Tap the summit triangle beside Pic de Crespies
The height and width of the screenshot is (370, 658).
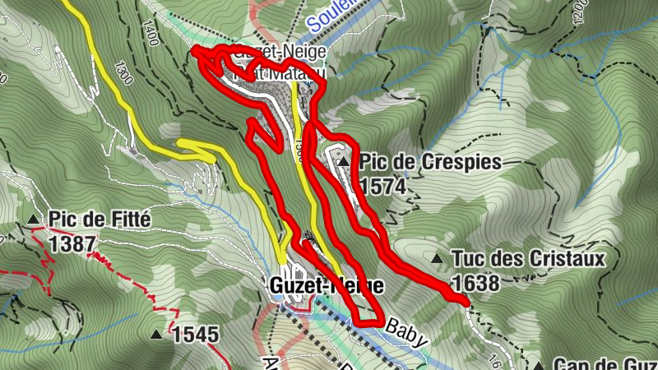[342, 163]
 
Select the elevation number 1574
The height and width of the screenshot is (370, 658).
[382, 187]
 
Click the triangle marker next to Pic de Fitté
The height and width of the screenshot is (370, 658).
[33, 220]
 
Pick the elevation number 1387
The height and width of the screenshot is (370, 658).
[72, 243]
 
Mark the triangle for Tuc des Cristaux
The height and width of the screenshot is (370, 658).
[437, 260]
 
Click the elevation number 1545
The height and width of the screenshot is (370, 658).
[196, 335]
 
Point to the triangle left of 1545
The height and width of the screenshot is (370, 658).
[156, 335]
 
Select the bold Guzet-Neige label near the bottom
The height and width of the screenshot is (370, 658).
[327, 285]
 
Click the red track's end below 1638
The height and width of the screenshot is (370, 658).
[467, 303]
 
